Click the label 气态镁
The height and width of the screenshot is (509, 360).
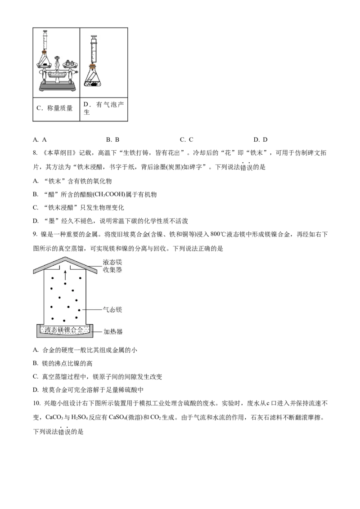pos(112,310)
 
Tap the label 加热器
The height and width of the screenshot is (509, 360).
pos(113,332)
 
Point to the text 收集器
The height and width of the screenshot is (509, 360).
pos(112,270)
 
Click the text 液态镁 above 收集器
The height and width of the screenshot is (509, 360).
pos(112,262)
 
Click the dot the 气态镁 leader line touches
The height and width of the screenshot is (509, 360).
pos(79,310)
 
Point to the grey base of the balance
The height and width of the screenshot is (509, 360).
pos(57,87)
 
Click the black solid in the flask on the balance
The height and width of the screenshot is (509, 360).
pos(45,65)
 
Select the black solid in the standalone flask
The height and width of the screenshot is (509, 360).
pos(94,83)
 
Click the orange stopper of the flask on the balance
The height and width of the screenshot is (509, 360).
pos(45,53)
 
